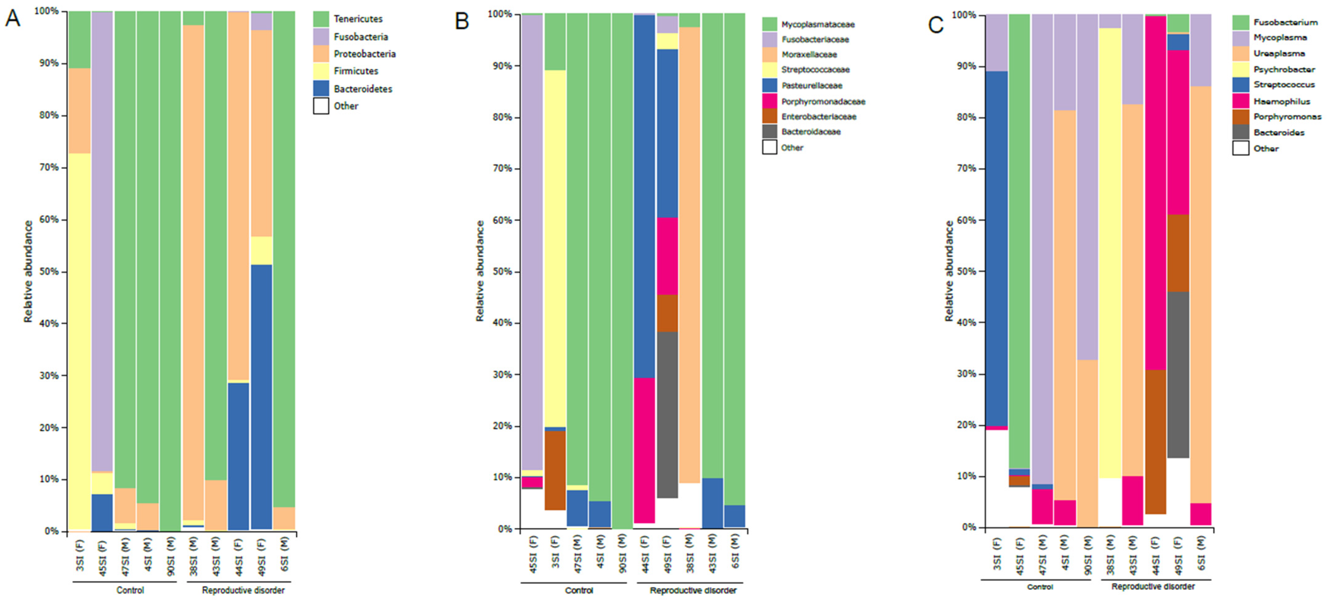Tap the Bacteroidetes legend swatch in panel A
click(321, 89)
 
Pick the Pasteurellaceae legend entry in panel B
click(811, 85)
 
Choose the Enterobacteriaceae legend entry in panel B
click(818, 116)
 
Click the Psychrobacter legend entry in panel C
click(1284, 69)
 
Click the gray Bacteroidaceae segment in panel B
click(667, 414)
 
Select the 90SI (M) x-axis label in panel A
click(171, 556)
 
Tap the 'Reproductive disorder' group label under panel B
click(693, 591)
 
